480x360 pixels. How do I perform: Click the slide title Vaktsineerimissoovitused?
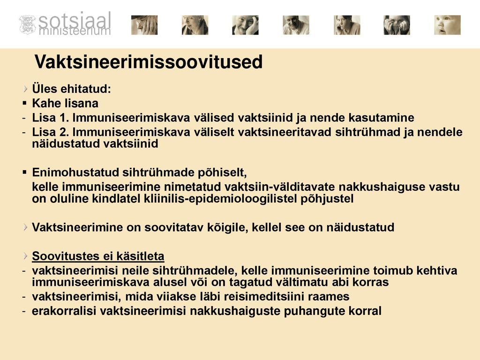pyautogui.click(x=149, y=61)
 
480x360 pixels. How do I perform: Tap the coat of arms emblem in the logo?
pyautogui.click(x=28, y=24)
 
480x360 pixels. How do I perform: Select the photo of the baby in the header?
pyautogui.click(x=447, y=25)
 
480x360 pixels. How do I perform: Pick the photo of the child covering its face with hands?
pyautogui.click(x=397, y=25)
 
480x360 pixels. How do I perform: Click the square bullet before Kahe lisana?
pyautogui.click(x=25, y=104)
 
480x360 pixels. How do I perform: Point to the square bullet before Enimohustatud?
pyautogui.click(x=25, y=172)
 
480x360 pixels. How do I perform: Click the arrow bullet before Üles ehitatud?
pyautogui.click(x=25, y=89)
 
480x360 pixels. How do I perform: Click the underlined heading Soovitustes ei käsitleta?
pyautogui.click(x=98, y=256)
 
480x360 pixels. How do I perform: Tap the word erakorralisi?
pyautogui.click(x=64, y=311)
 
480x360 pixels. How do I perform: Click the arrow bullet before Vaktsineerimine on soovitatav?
pyautogui.click(x=25, y=227)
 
